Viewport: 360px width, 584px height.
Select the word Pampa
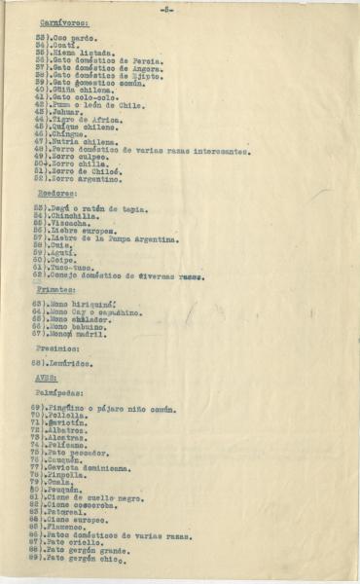pyautogui.click(x=126, y=237)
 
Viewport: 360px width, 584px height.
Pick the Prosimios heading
pyautogui.click(x=59, y=348)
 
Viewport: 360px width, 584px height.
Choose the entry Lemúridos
pyautogui.click(x=71, y=363)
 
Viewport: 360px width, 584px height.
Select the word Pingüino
pyautogui.click(x=68, y=407)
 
